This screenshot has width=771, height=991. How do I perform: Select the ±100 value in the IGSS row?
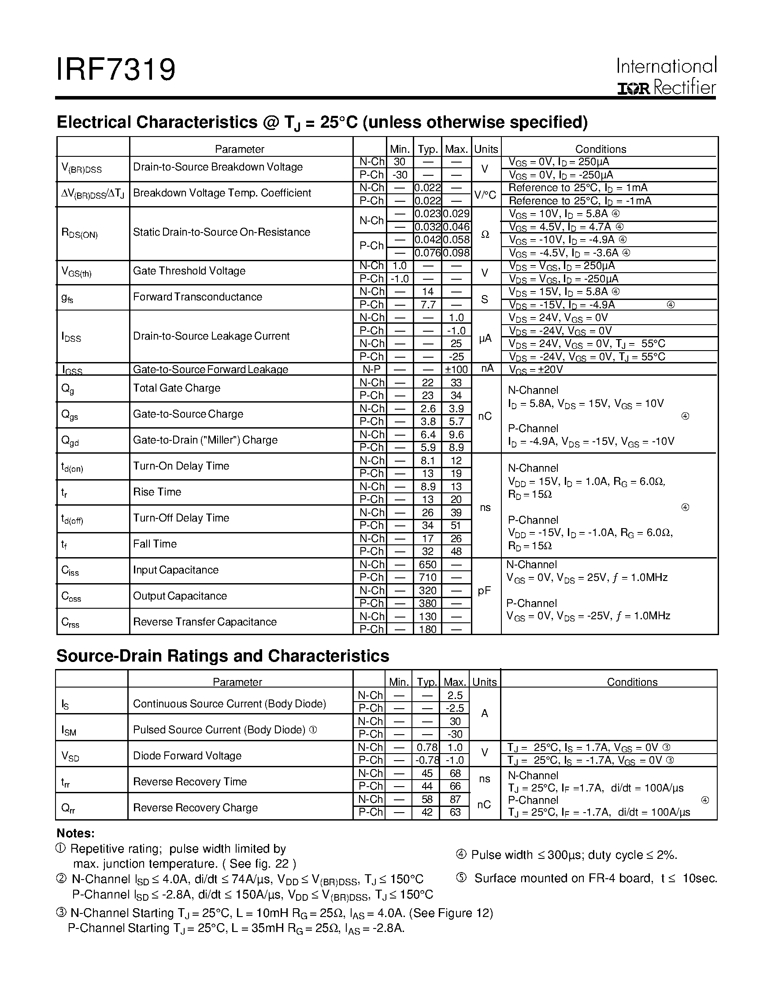click(x=456, y=370)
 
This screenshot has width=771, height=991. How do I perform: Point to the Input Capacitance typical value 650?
click(x=427, y=565)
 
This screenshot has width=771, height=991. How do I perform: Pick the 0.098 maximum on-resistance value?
click(x=456, y=253)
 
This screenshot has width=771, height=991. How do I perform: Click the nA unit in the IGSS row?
click(x=486, y=369)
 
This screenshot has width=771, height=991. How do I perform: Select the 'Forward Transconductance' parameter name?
click(x=197, y=297)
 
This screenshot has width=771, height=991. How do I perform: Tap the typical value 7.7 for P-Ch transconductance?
click(x=427, y=304)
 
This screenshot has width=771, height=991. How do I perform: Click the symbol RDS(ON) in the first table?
click(x=79, y=233)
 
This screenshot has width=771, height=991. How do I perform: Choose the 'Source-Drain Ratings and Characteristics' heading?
click(x=222, y=656)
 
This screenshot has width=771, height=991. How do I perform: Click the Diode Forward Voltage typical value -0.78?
click(x=426, y=760)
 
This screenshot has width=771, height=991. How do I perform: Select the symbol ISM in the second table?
click(x=69, y=730)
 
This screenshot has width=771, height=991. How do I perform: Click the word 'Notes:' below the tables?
click(x=75, y=833)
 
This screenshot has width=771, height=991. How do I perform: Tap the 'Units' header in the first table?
click(x=486, y=149)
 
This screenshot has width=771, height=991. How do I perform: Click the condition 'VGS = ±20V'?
click(x=535, y=370)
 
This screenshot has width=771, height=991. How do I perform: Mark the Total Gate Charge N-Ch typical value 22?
click(x=427, y=382)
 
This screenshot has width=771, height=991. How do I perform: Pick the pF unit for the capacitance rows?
click(x=485, y=590)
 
